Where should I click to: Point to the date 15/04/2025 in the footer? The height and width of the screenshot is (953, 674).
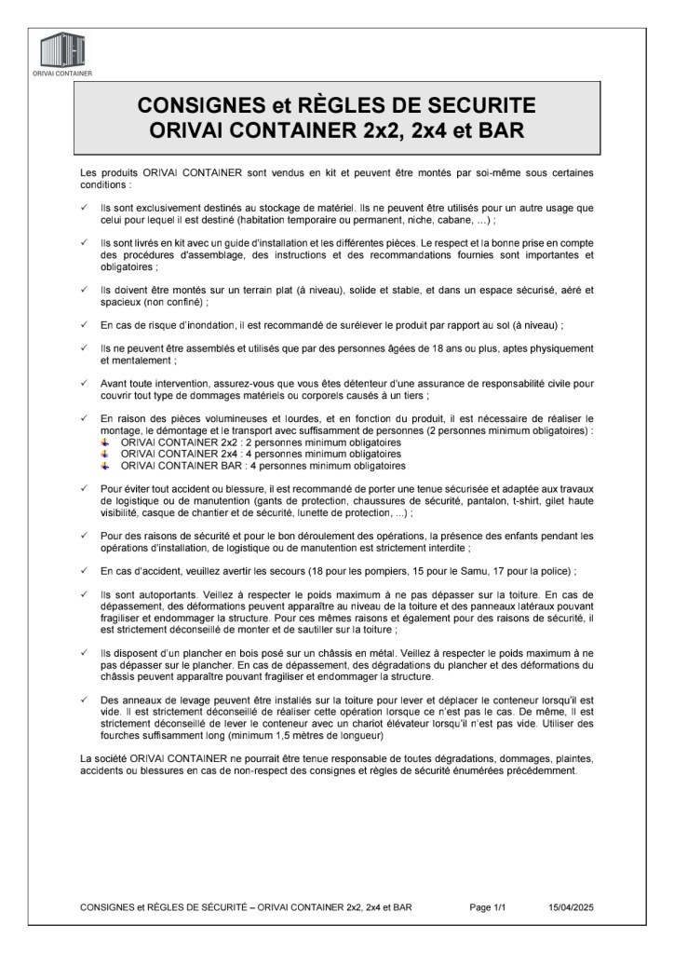pyautogui.click(x=570, y=905)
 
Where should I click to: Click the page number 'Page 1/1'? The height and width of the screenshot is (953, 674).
pyautogui.click(x=488, y=905)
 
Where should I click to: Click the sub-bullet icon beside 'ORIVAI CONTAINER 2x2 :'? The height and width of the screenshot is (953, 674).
pyautogui.click(x=106, y=442)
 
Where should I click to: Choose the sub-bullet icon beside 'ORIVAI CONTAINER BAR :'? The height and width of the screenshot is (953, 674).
pyautogui.click(x=106, y=465)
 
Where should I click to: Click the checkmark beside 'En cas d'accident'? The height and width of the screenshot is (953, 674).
pyautogui.click(x=84, y=569)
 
